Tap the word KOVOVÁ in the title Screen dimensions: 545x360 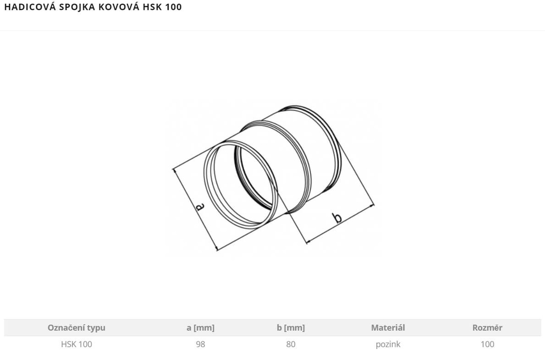[119, 7]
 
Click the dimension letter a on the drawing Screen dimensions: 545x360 [200, 207]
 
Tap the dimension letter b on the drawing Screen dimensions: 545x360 [337, 218]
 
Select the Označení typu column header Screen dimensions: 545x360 [77, 328]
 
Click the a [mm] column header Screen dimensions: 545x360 [201, 328]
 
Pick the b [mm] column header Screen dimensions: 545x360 [291, 328]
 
